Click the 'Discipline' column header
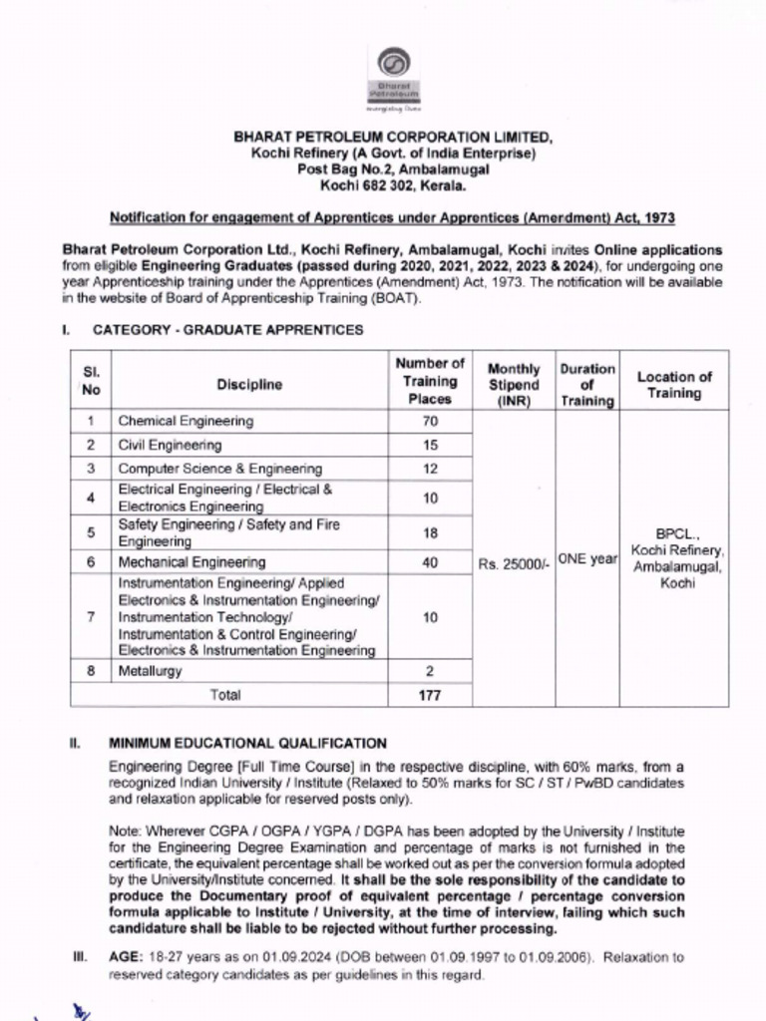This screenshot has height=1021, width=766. (249, 384)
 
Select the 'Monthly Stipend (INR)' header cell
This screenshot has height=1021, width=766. (514, 385)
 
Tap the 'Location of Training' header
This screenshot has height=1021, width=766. (674, 384)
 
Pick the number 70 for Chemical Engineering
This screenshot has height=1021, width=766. (430, 422)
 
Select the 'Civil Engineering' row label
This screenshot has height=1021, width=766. (170, 446)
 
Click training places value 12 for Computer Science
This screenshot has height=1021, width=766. (430, 469)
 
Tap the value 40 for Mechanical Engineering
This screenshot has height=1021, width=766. (430, 563)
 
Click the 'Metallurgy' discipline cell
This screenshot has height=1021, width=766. (151, 671)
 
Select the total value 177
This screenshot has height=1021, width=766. (430, 695)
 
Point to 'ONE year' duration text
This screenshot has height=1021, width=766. (587, 559)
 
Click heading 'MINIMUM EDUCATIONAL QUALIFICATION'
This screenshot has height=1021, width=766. (248, 743)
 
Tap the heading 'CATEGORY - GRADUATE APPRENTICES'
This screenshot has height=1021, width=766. (228, 330)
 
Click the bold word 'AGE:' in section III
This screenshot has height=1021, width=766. (128, 957)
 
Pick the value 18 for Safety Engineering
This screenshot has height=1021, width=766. (430, 532)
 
